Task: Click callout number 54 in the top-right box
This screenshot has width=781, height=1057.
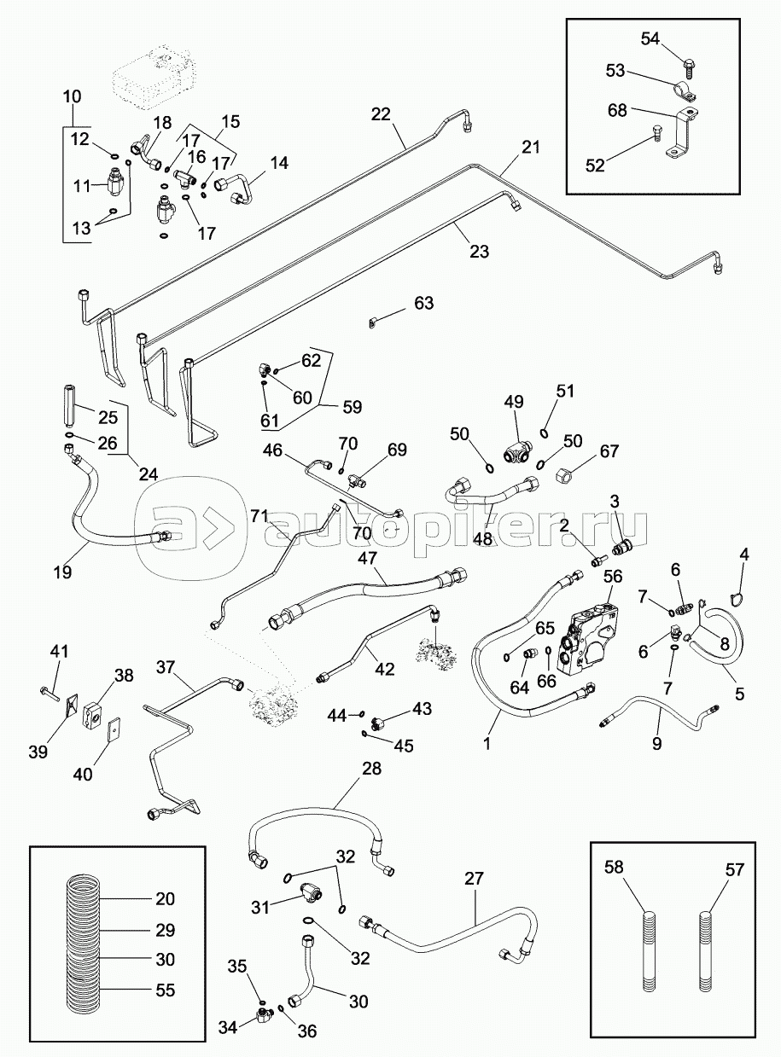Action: pos(650,38)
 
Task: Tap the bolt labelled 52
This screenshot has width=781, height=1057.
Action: pos(656,131)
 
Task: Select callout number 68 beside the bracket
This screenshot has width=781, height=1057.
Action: pos(617,110)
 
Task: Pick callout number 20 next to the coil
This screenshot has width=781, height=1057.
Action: pos(165,899)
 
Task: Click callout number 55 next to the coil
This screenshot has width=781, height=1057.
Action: pos(165,990)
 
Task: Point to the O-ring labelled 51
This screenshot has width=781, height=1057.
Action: pos(545,424)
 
